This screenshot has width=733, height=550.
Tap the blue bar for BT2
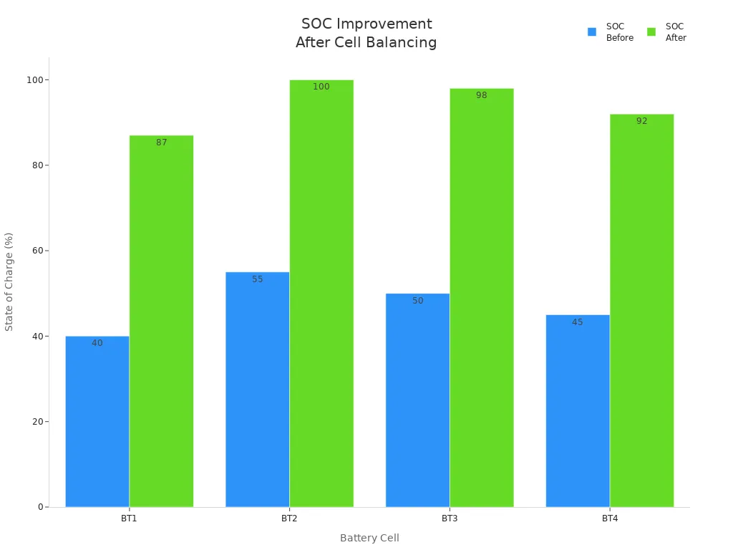(257, 390)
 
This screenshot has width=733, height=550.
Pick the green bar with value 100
(321, 294)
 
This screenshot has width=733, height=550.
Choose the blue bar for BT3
(417, 400)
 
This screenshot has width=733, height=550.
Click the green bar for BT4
(641, 311)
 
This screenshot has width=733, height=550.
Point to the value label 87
(162, 143)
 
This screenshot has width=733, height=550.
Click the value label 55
(258, 279)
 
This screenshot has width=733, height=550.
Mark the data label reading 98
(482, 95)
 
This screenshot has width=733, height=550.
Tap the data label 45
(578, 322)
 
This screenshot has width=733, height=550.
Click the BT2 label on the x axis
(289, 518)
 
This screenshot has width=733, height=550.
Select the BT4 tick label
(610, 518)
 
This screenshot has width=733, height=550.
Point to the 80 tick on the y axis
(35, 165)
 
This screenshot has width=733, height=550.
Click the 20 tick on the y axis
(35, 422)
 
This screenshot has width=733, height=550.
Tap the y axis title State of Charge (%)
(9, 281)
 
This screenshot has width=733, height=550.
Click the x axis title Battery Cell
(369, 538)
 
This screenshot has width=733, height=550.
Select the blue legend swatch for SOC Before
(592, 32)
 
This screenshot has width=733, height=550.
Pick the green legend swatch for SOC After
(651, 32)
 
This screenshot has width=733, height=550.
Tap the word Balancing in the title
(403, 43)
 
